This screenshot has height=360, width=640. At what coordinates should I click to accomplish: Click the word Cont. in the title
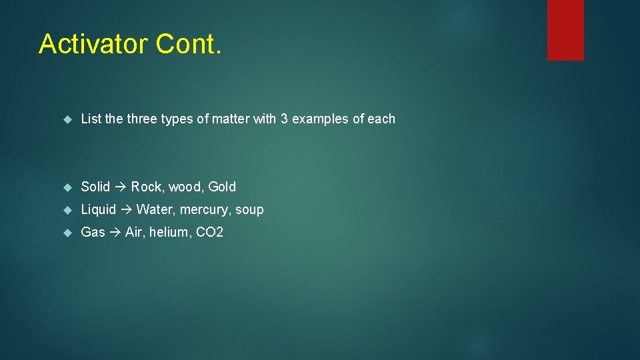[x=188, y=44]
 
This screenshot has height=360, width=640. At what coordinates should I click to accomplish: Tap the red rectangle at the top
[x=565, y=30]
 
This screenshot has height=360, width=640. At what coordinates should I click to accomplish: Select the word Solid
[x=95, y=187]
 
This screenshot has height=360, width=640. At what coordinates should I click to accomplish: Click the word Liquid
[x=99, y=209]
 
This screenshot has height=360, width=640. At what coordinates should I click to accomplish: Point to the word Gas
[x=93, y=232]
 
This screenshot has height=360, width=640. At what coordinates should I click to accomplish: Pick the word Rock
[x=147, y=187]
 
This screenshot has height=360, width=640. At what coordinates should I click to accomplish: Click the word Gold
[x=222, y=187]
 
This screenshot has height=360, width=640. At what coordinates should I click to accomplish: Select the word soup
[x=249, y=210]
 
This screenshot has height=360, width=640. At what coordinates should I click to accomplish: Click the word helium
[x=169, y=232]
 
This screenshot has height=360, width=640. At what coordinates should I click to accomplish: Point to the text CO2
[x=209, y=232]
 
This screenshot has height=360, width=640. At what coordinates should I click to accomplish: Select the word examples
[x=320, y=119]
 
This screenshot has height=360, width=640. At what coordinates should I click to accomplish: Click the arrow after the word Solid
[x=121, y=187]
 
